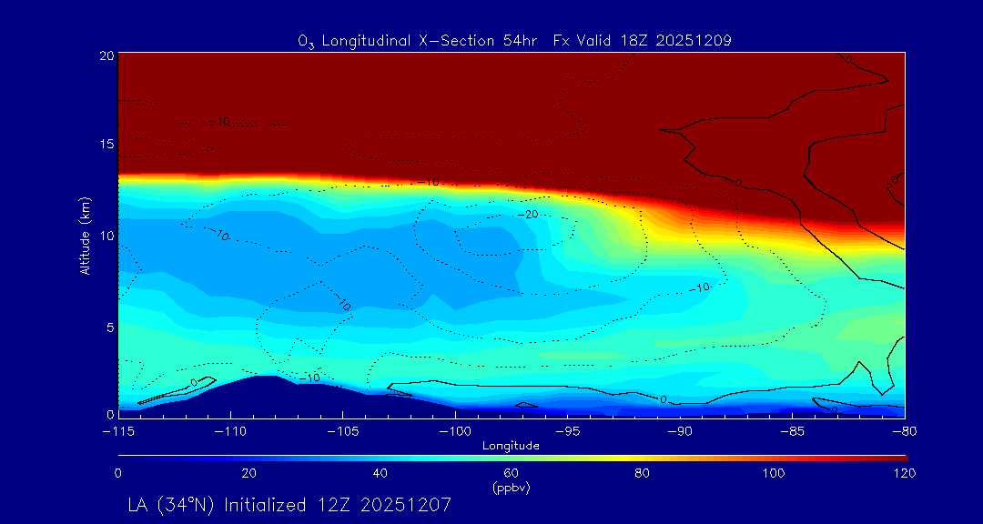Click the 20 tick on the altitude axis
pyautogui.click(x=106, y=55)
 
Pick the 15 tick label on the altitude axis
pyautogui.click(x=106, y=145)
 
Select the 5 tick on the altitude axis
pyautogui.click(x=108, y=327)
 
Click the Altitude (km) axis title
pyautogui.click(x=85, y=235)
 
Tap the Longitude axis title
pyautogui.click(x=511, y=446)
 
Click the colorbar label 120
pyautogui.click(x=904, y=473)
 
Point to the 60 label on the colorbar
pyautogui.click(x=511, y=473)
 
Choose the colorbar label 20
pyautogui.click(x=248, y=473)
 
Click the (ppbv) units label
pyautogui.click(x=511, y=488)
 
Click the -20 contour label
pyautogui.click(x=527, y=214)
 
